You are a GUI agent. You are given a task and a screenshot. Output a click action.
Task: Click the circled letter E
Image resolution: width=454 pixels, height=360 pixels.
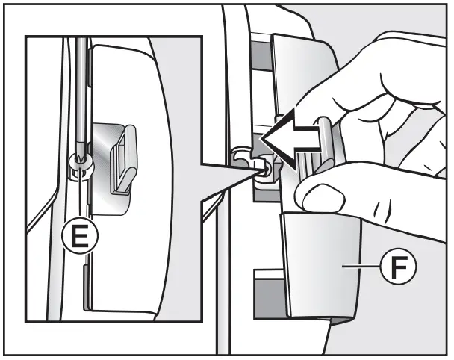[x=80, y=236]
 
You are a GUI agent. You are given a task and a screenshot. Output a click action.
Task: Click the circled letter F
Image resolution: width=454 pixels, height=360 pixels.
[x=399, y=266]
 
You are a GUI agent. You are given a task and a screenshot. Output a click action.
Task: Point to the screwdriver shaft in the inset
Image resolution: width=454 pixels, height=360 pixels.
[x=81, y=96]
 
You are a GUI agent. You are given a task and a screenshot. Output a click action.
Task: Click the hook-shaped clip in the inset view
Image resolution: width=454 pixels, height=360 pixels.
[x=124, y=159]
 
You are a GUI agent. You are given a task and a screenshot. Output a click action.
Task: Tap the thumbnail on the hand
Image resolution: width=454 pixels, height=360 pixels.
[x=324, y=198]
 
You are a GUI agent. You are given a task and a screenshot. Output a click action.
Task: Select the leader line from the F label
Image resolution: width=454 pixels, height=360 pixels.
[x=361, y=266]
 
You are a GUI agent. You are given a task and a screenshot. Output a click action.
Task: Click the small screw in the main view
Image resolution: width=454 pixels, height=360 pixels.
[x=264, y=170]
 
